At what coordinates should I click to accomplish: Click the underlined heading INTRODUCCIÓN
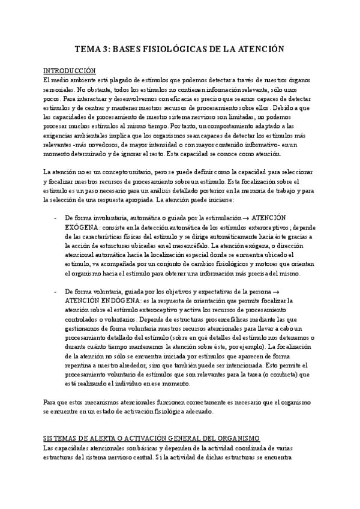click(x=70, y=70)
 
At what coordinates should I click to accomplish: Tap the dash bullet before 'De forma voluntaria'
click(x=55, y=292)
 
